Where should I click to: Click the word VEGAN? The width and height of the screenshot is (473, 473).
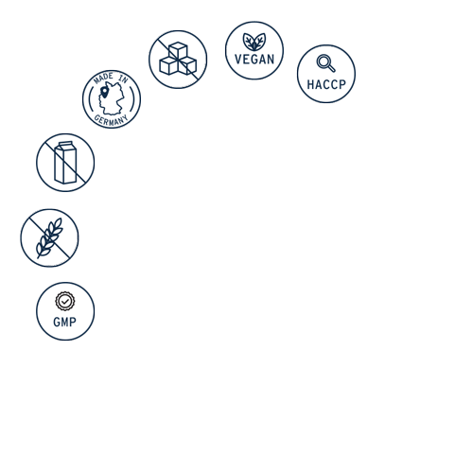[254, 60]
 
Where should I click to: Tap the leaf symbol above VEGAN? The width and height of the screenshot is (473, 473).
[254, 42]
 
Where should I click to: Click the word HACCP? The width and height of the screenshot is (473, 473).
[326, 84]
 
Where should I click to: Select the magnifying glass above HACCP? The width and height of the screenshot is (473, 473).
[325, 63]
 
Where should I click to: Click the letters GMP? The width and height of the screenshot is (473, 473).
[65, 322]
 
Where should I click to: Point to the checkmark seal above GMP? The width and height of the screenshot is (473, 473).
[65, 302]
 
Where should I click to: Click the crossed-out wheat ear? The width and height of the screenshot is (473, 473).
[49, 238]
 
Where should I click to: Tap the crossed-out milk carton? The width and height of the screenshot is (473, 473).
[65, 163]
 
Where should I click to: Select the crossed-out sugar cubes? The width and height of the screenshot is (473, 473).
[178, 60]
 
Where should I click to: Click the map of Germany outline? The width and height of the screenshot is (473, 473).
[112, 98]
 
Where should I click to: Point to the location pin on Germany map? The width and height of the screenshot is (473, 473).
[104, 92]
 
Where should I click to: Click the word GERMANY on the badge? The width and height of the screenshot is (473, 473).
[111, 120]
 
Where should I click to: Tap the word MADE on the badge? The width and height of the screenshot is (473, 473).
[103, 78]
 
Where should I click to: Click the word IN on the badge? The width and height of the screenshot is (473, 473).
[123, 79]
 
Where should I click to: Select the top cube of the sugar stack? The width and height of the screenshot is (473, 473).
[178, 50]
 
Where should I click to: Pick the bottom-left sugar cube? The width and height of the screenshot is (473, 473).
[168, 65]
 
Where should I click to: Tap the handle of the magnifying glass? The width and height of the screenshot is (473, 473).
[331, 68]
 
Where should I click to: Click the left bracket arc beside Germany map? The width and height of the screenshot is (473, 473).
[91, 99]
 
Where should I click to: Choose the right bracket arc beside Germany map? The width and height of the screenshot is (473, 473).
[132, 99]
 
